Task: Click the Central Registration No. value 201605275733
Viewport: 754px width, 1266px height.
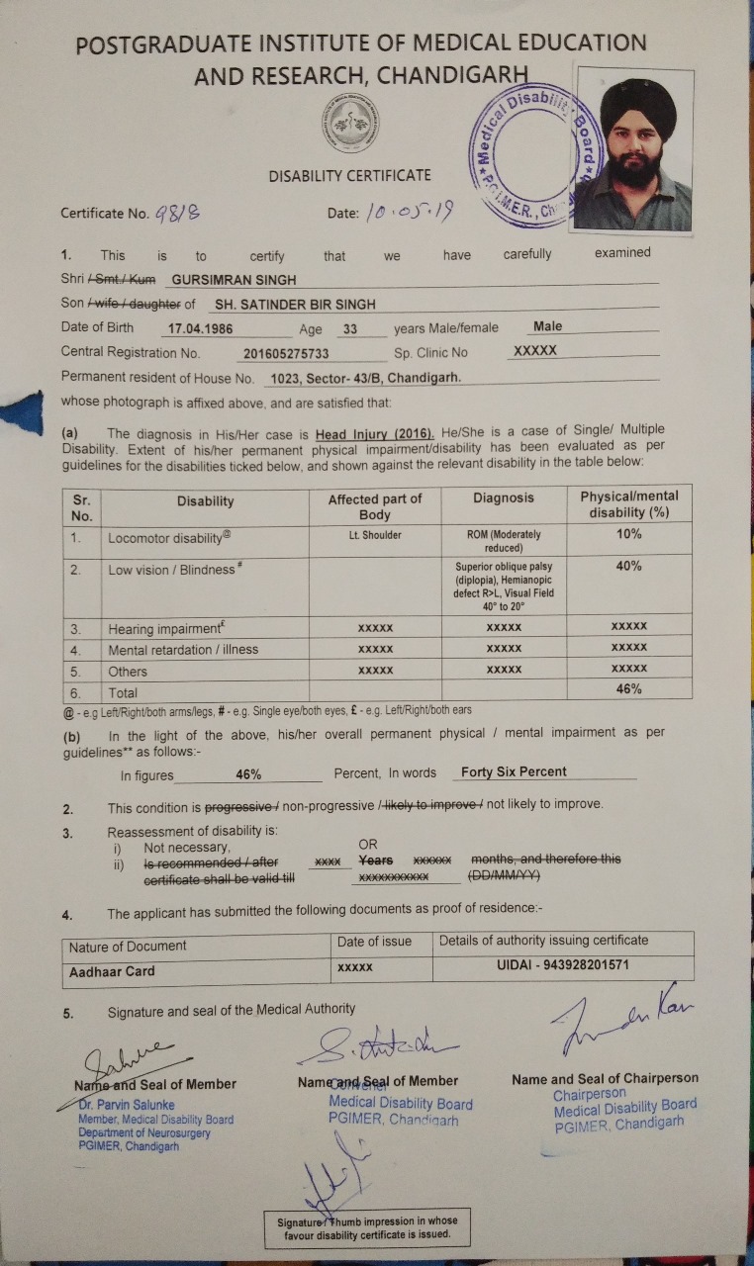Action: (286, 353)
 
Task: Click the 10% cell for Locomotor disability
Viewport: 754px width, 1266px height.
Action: (628, 534)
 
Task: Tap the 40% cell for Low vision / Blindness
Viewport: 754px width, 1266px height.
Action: (628, 567)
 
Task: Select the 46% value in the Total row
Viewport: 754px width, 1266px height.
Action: (628, 690)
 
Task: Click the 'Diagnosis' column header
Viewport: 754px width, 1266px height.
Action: (504, 498)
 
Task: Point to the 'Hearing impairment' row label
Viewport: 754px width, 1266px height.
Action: (164, 628)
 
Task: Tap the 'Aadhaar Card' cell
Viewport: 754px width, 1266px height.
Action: (112, 971)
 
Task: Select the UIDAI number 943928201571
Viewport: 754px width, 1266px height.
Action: (563, 965)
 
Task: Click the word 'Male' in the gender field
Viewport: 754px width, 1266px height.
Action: (547, 327)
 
